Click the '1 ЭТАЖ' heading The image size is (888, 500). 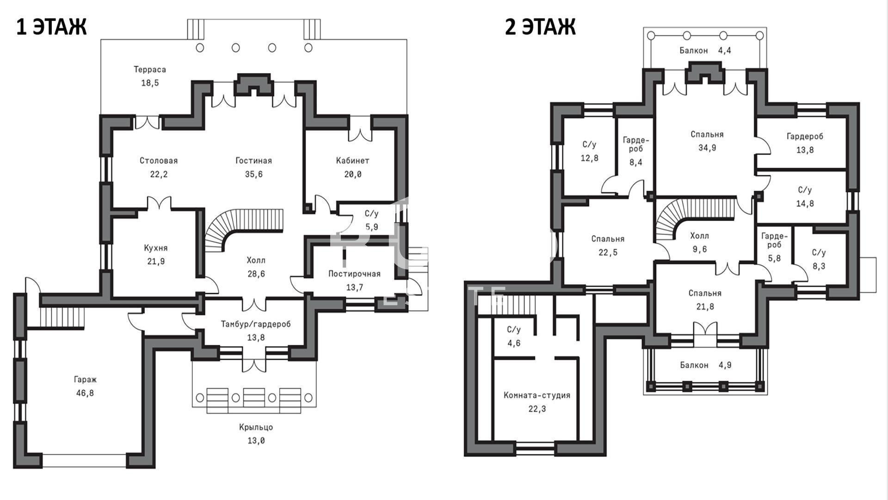pos(51,27)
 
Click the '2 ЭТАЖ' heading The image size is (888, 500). pos(540,27)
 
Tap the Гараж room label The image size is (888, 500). pos(86,380)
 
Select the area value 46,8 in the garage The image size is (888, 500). pos(86,393)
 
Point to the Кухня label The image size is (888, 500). pos(156,248)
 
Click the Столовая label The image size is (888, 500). pos(159,161)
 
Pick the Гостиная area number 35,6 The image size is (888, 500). pos(254,174)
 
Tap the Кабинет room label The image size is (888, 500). pos(352,161)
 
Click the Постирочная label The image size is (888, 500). pos(354,274)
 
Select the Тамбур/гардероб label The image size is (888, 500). pos(256,324)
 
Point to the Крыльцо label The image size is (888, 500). pos(256,427)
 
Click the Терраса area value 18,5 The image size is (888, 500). pos(150,83)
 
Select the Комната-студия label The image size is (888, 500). pos(537,395)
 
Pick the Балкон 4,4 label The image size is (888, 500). pos(705,50)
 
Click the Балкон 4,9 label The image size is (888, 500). pos(706,365)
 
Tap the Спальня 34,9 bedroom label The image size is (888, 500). pos(707,141)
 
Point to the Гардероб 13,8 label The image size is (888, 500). pos(805,143)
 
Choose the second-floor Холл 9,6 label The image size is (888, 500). pos(699,243)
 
